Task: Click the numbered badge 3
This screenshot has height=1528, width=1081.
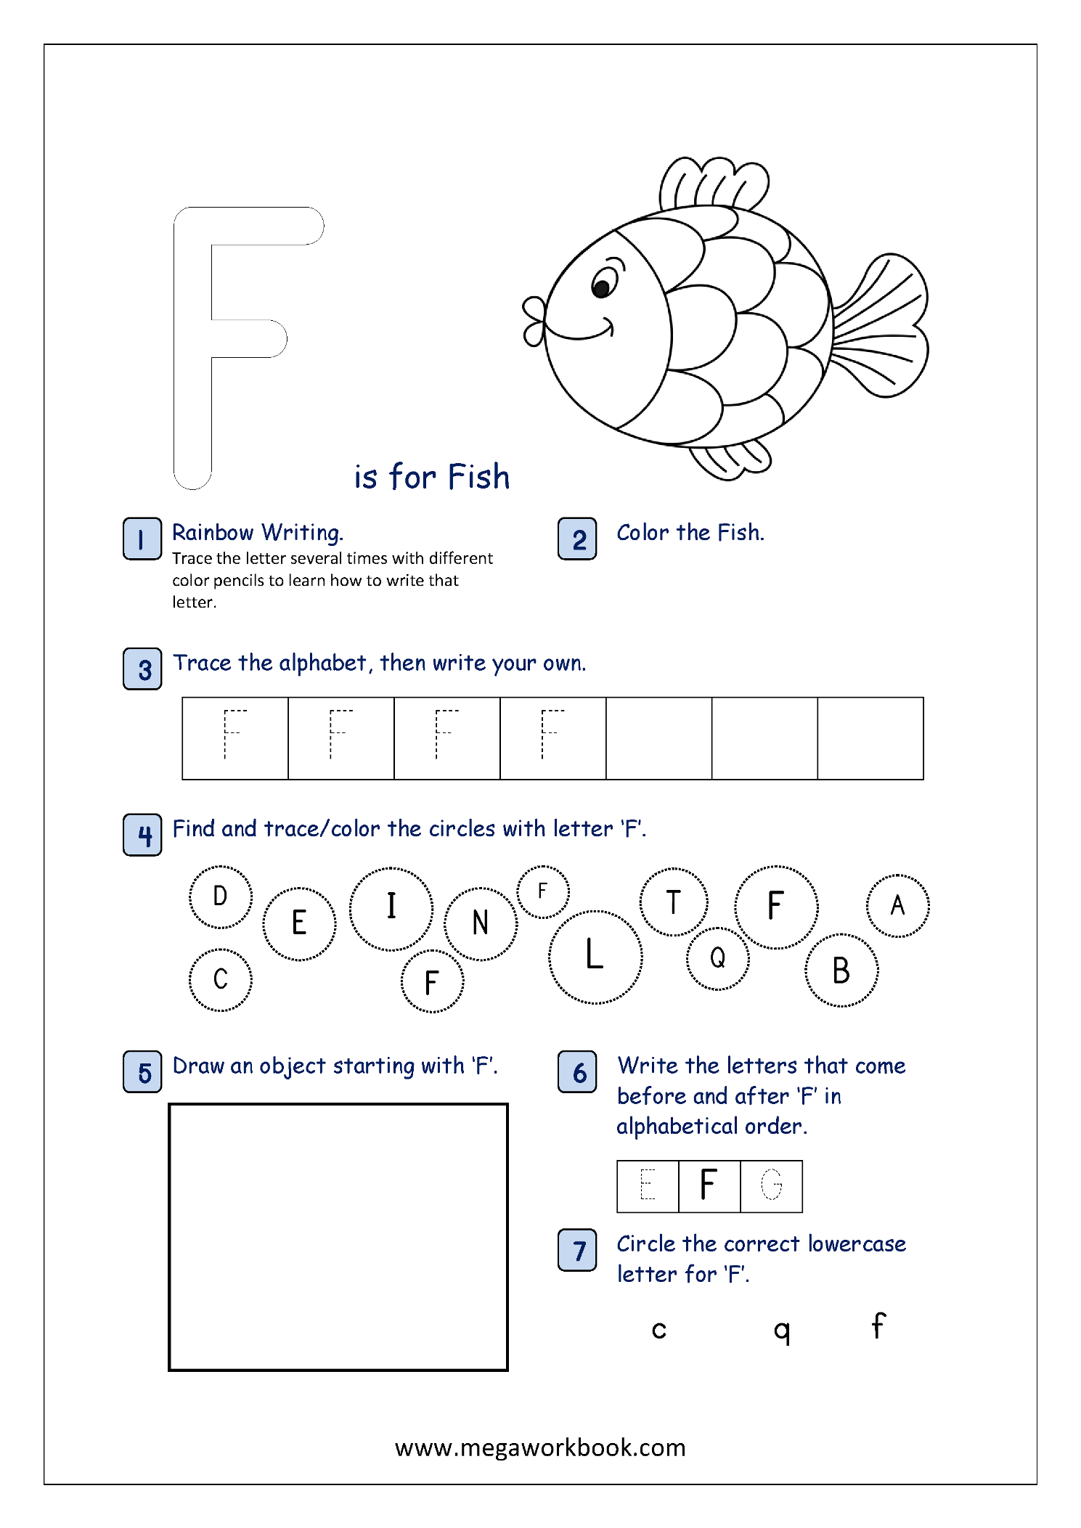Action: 142,669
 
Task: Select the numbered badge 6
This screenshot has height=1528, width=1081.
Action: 577,1071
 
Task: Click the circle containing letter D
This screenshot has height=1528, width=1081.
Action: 221,896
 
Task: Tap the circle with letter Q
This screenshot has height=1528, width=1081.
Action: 717,958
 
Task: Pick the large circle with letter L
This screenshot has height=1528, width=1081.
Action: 595,956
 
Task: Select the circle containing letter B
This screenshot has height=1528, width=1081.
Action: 841,971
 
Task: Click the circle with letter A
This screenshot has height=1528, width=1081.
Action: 897,905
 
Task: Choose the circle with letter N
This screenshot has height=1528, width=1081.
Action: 481,923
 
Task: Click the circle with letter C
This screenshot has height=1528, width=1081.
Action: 221,979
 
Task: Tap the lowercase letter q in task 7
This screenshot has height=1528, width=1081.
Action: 781,1331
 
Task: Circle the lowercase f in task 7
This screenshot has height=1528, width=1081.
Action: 878,1325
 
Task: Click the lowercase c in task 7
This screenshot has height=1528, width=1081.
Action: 658,1330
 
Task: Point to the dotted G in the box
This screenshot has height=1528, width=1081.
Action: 771,1185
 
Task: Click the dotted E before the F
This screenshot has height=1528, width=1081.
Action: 648,1185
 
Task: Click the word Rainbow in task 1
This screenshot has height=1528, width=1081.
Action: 213,532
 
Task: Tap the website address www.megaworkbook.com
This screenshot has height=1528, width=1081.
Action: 540,1447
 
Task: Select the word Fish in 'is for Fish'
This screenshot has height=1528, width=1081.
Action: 478,477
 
